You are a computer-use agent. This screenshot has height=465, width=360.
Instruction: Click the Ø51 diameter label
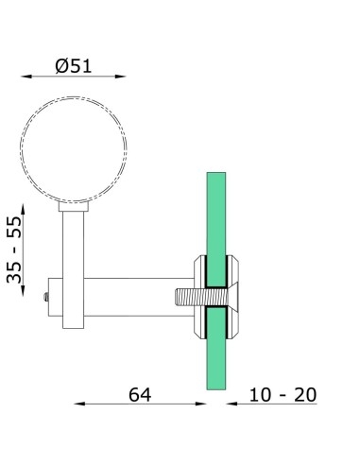[x=74, y=66]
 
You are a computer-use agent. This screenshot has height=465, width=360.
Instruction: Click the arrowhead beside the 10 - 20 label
[x=231, y=405]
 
